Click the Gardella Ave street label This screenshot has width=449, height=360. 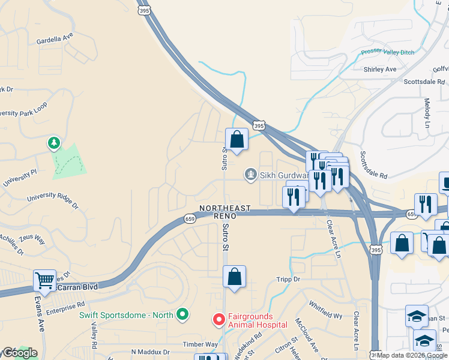55,36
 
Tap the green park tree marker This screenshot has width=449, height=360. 54,143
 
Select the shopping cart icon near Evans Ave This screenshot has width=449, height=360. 44,280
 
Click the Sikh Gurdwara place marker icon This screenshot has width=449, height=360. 250,175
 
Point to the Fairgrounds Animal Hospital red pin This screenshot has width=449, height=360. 219,320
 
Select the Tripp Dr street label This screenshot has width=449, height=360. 288,280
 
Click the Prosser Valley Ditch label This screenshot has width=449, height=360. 387,52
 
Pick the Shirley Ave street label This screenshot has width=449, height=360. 380,70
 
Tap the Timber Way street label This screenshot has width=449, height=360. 200,344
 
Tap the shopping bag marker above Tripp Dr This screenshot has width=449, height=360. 234,277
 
